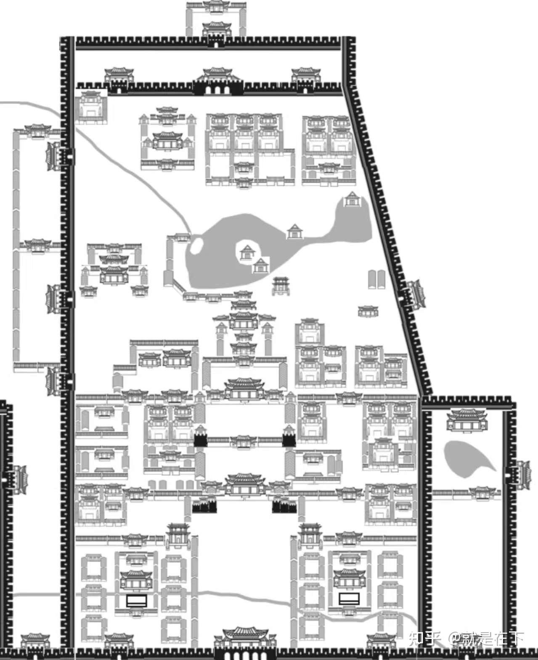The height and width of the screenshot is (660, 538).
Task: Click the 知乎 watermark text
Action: pos(424,639)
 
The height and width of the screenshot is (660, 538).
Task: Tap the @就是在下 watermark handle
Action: pos(486,639)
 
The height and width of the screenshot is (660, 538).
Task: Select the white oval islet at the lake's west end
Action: pos(196,246)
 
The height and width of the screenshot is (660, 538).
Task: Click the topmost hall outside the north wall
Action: pos(216,6)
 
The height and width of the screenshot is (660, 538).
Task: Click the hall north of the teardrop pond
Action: pos(466,420)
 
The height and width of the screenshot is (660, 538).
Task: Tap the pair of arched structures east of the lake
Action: pos(377,279)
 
